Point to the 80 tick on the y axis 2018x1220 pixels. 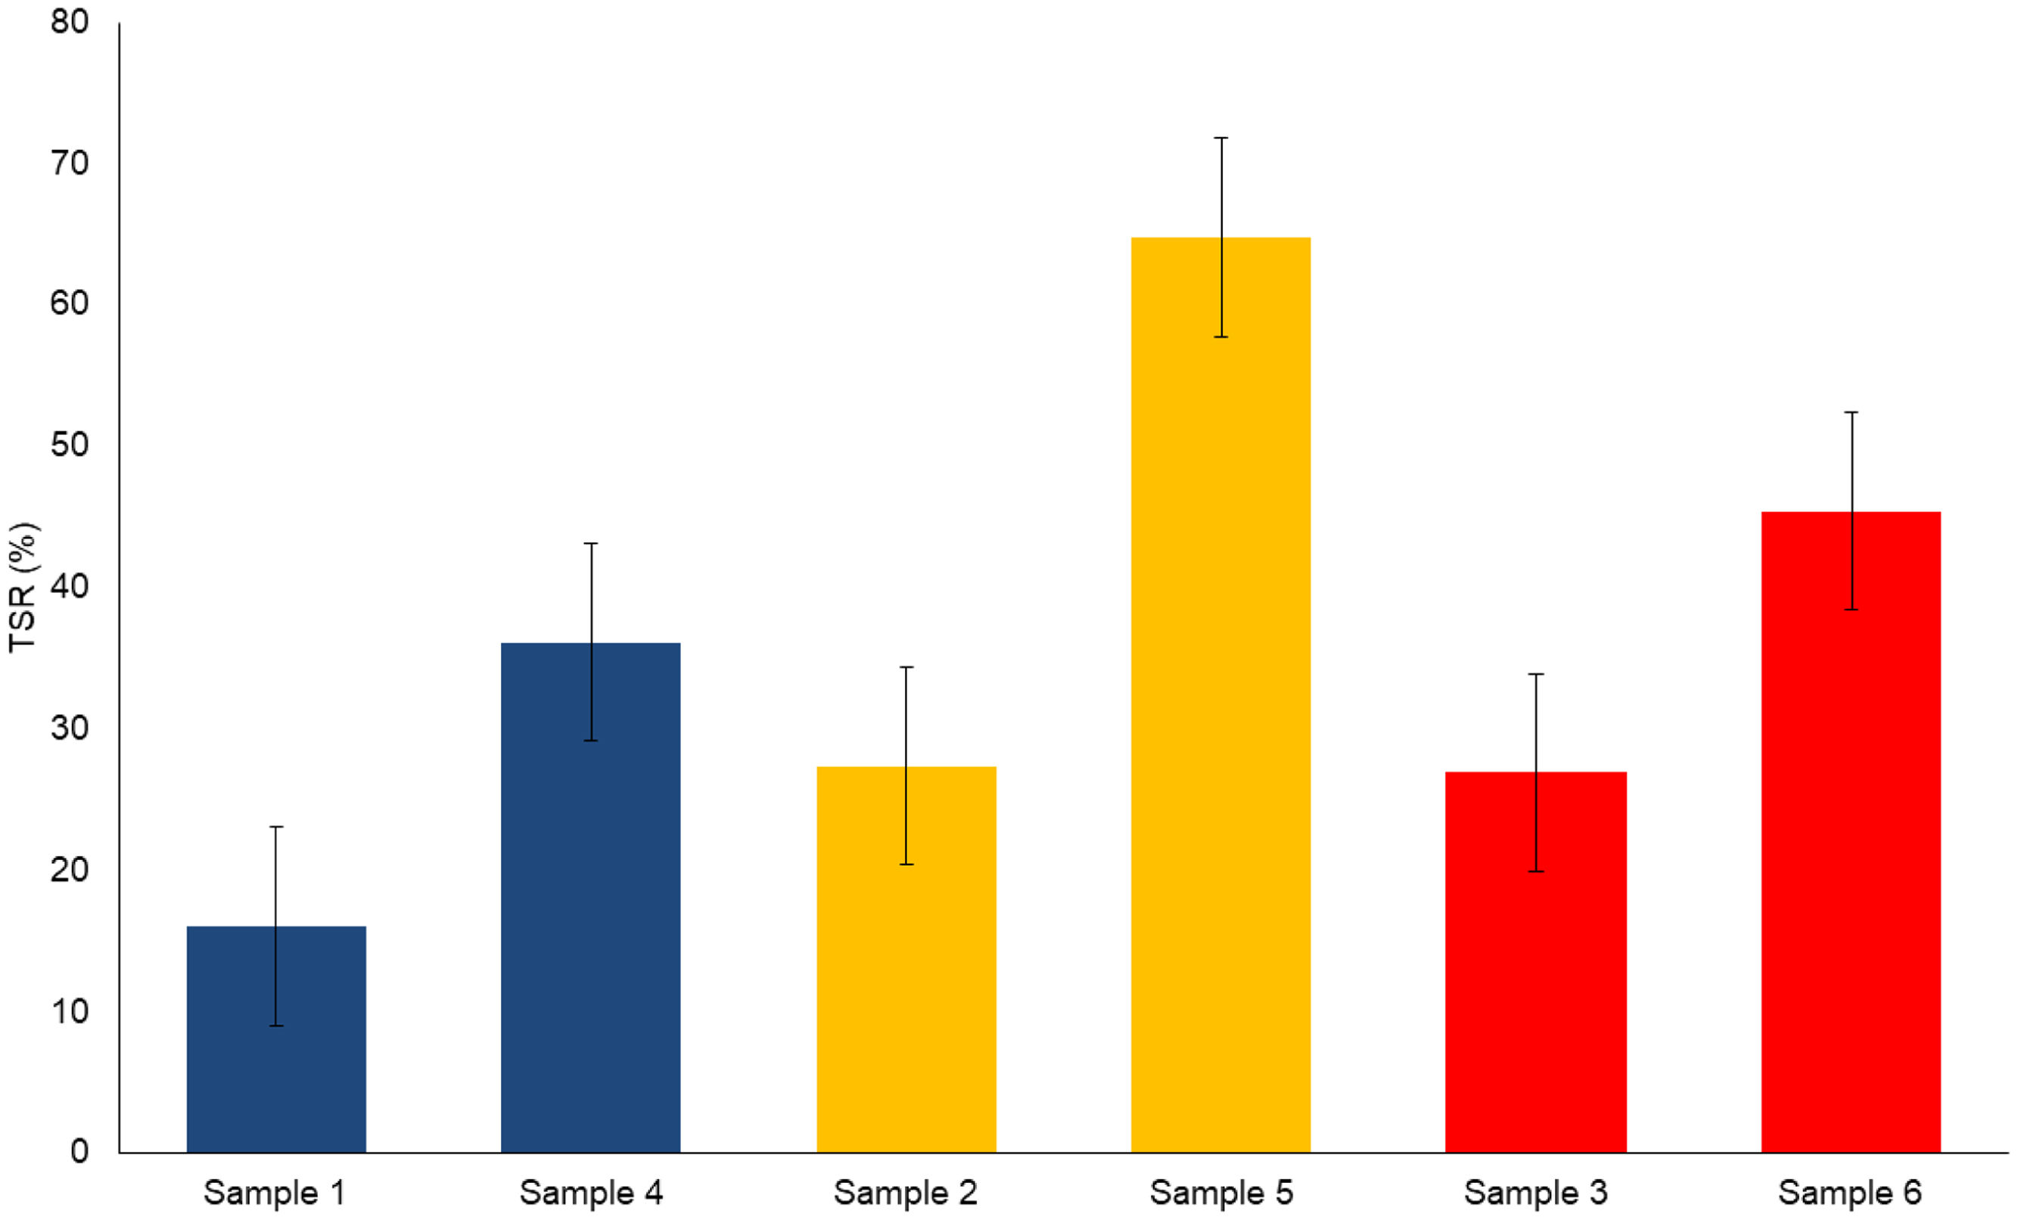[x=70, y=22]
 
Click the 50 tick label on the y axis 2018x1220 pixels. [x=70, y=445]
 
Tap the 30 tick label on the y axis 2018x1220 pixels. [x=70, y=727]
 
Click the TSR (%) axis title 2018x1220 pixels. [x=23, y=587]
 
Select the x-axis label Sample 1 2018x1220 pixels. [x=275, y=1193]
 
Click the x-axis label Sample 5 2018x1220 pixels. [x=1220, y=1193]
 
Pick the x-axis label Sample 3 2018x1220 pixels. [x=1535, y=1193]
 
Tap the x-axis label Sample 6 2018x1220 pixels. [x=1849, y=1193]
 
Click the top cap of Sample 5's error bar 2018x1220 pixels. [x=1220, y=138]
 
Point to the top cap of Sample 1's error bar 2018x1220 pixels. [x=276, y=827]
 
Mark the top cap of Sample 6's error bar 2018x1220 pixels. [x=1851, y=413]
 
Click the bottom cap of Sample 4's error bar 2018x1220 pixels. [x=590, y=740]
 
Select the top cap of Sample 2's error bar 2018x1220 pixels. [x=906, y=667]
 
